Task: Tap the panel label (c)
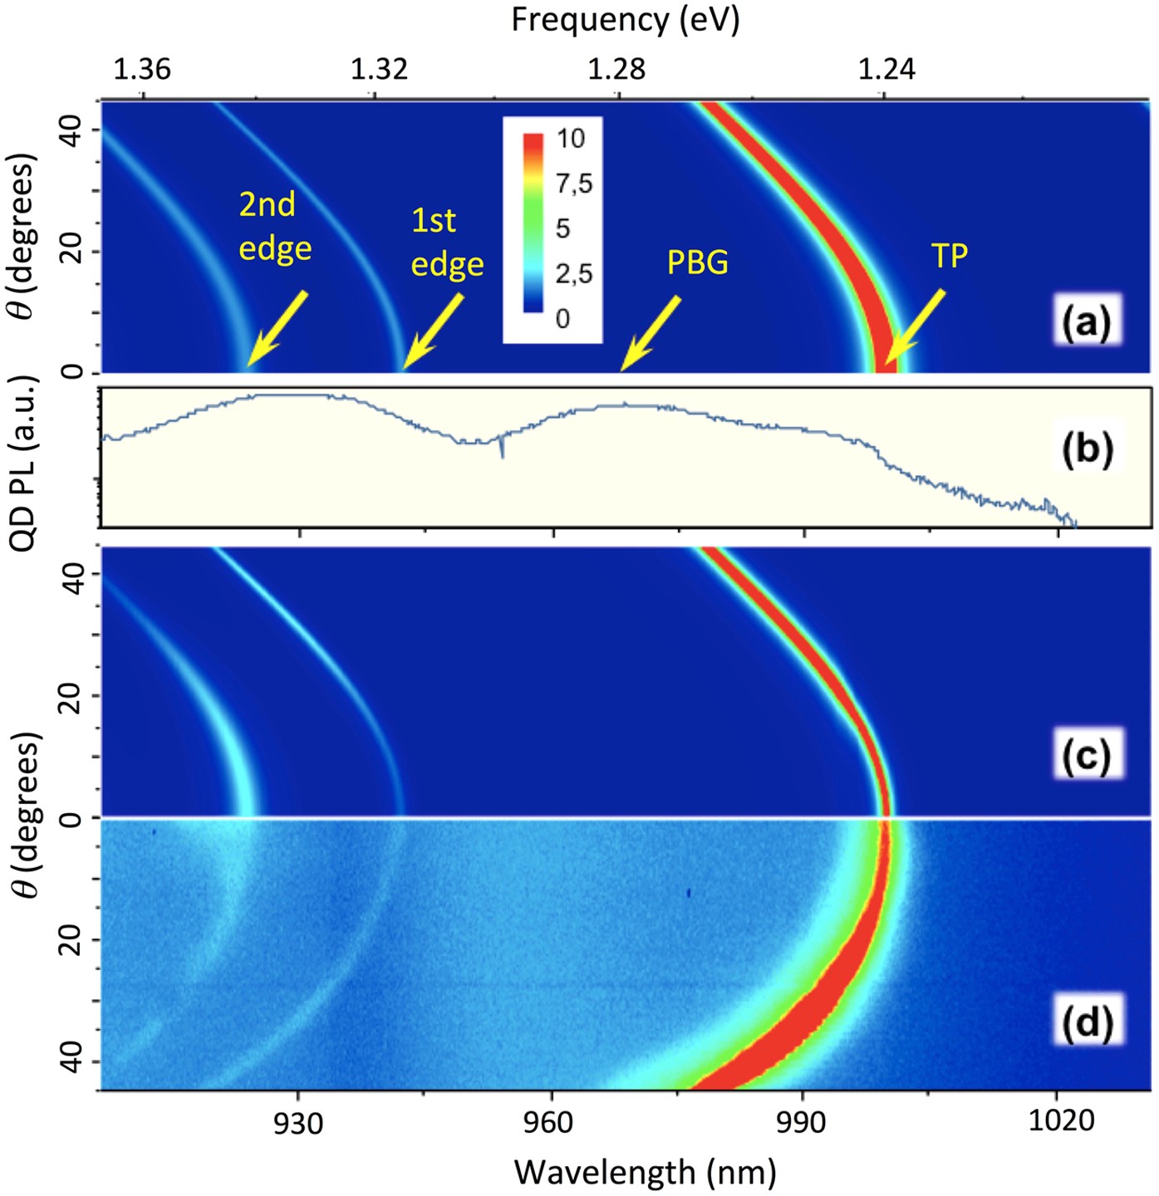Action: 1087,755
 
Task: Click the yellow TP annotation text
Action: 949,257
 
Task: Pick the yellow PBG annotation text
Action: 697,262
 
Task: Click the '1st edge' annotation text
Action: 447,243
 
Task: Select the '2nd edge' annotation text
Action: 275,227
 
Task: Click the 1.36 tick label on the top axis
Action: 142,69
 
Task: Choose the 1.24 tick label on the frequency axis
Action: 886,69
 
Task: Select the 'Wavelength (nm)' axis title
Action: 645,1173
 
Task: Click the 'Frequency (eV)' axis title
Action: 625,20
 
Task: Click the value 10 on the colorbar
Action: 571,139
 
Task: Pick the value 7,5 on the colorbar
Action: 574,184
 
